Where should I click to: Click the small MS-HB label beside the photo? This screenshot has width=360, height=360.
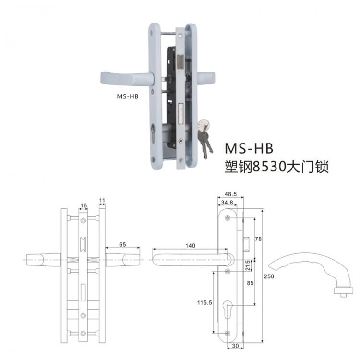(127, 96)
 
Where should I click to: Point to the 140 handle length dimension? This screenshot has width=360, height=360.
(190, 245)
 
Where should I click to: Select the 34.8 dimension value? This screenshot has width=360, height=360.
(227, 203)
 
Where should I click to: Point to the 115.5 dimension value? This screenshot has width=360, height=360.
(204, 303)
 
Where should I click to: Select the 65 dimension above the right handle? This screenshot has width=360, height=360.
(122, 244)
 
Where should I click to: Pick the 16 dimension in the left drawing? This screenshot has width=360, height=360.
(84, 205)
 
